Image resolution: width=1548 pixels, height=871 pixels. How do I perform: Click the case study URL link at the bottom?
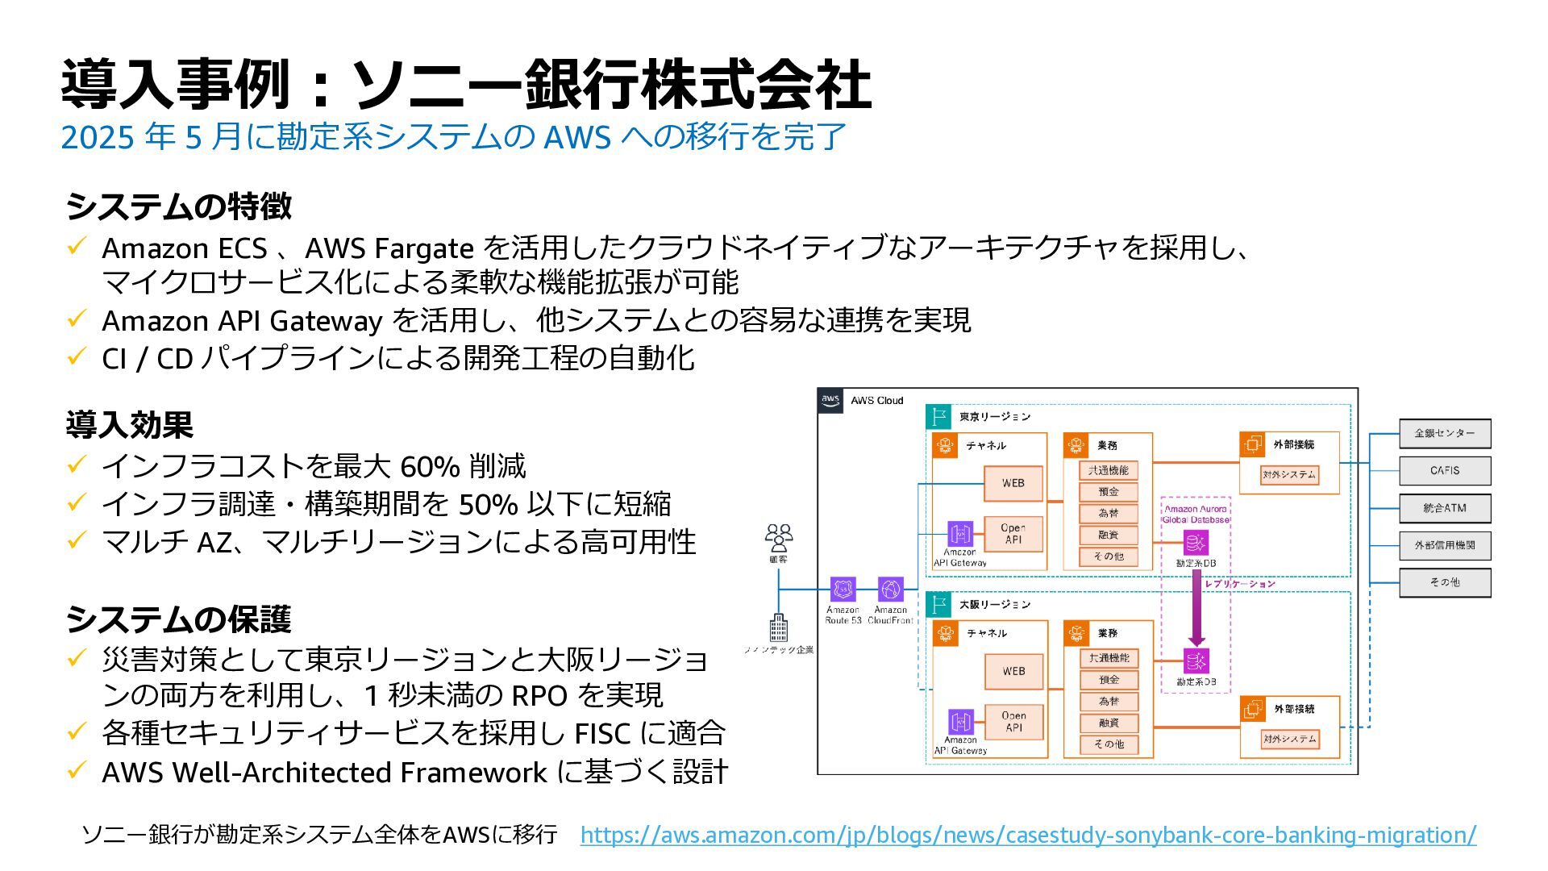(x=1028, y=835)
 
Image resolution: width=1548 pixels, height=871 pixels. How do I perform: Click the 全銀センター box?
(x=1444, y=433)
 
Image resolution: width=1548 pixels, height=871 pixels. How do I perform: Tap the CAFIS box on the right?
(x=1444, y=470)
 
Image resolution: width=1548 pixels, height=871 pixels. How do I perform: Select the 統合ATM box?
(x=1444, y=508)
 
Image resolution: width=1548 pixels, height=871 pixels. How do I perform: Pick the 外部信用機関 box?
(x=1444, y=545)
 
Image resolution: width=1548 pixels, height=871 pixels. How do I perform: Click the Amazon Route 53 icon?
(x=843, y=590)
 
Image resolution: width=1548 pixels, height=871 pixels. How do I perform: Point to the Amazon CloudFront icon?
(x=890, y=590)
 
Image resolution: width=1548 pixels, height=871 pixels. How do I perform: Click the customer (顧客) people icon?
(x=779, y=537)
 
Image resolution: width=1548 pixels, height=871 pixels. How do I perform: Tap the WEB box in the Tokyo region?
(x=1013, y=483)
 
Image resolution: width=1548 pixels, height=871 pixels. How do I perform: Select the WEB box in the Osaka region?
(x=1013, y=671)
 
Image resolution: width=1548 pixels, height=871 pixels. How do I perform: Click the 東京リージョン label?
(x=994, y=417)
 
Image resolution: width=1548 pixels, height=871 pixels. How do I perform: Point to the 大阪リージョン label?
(x=994, y=604)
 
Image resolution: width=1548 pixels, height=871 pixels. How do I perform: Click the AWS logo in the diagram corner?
(x=830, y=400)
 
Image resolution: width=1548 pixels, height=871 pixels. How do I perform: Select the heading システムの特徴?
(x=178, y=206)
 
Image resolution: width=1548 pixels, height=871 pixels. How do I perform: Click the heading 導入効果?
(x=129, y=425)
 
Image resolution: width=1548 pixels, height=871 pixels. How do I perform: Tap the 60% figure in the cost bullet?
(x=430, y=466)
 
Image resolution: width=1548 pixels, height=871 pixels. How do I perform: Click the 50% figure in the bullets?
(x=488, y=504)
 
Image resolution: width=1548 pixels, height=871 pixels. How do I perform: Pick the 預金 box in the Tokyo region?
(x=1109, y=492)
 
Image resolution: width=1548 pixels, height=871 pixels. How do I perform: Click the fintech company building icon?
(x=778, y=627)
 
